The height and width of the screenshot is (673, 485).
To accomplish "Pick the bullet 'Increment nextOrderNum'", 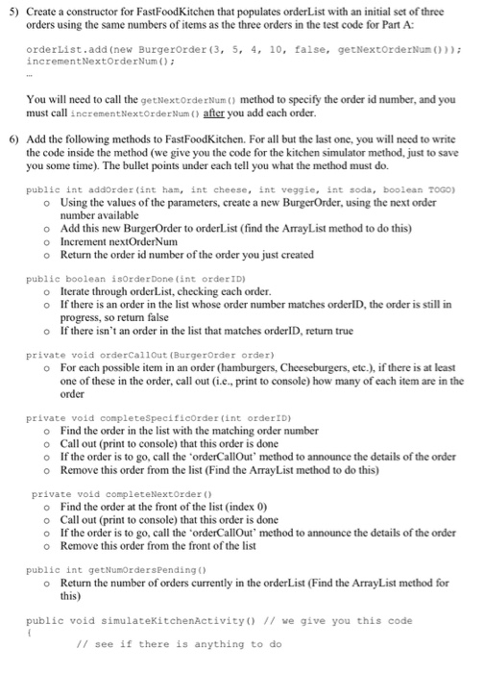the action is pos(119,243).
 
